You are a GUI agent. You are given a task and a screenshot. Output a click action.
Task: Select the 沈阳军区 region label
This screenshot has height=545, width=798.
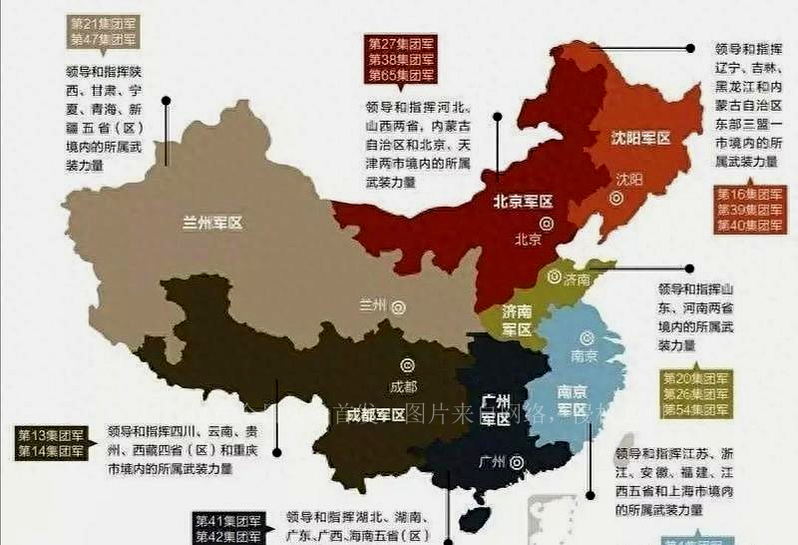point(641,138)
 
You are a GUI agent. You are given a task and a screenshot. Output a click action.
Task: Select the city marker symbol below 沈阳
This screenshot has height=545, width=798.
point(616,199)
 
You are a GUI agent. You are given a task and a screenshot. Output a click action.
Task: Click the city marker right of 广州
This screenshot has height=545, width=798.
point(516,462)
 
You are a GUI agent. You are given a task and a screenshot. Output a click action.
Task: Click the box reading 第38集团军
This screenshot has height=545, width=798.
point(401,59)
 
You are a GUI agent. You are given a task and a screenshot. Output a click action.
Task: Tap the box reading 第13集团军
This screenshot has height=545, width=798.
point(51,435)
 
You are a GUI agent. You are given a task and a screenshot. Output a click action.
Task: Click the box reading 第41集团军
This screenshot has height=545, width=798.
point(228,520)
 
